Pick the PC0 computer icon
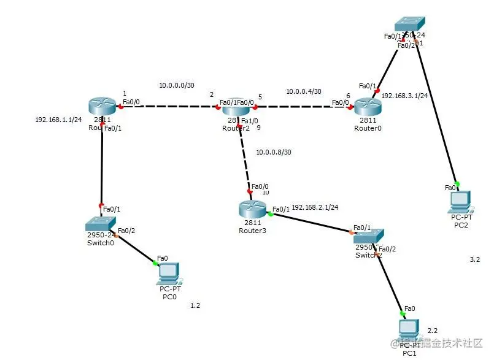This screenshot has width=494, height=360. coord(169,272)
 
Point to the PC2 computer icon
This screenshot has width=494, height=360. coord(461,200)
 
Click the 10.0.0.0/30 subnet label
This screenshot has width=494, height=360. coord(176,85)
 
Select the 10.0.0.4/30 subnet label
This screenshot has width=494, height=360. coord(303,91)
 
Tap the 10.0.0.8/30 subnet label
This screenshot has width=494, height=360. coord(274,151)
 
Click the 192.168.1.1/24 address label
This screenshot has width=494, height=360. coord(58,120)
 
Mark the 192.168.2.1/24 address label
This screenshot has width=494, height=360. coord(315,207)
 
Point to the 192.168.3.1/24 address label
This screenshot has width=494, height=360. coord(404,96)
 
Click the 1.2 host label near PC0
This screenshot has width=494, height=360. coord(195,305)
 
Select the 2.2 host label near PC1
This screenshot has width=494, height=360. coord(433,330)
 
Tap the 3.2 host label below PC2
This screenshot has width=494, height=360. coord(474,260)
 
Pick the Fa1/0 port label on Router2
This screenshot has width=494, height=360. coord(250,121)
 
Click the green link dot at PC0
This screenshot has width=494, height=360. coord(155,263)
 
